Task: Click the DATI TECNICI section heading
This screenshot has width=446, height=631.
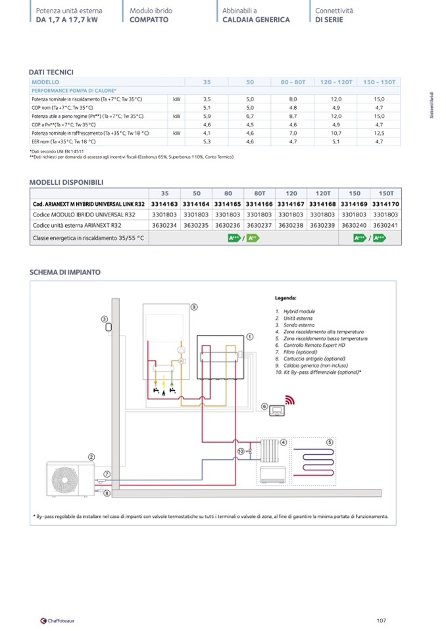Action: pyautogui.click(x=51, y=72)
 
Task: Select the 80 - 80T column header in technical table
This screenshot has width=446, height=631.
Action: pyautogui.click(x=293, y=82)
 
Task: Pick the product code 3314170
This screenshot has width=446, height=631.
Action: pyautogui.click(x=385, y=204)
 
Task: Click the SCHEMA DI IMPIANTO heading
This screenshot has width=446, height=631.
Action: pyautogui.click(x=65, y=272)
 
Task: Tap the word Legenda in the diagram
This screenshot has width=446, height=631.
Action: pyautogui.click(x=286, y=298)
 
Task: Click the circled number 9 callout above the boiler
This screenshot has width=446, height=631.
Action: pyautogui.click(x=194, y=307)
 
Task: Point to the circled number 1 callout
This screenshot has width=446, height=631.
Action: pyautogui.click(x=250, y=337)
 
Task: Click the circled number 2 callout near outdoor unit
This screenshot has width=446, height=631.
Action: pyautogui.click(x=91, y=457)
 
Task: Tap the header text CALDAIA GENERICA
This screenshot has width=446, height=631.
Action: pyautogui.click(x=256, y=20)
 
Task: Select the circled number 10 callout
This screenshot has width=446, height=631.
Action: pyautogui.click(x=241, y=451)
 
